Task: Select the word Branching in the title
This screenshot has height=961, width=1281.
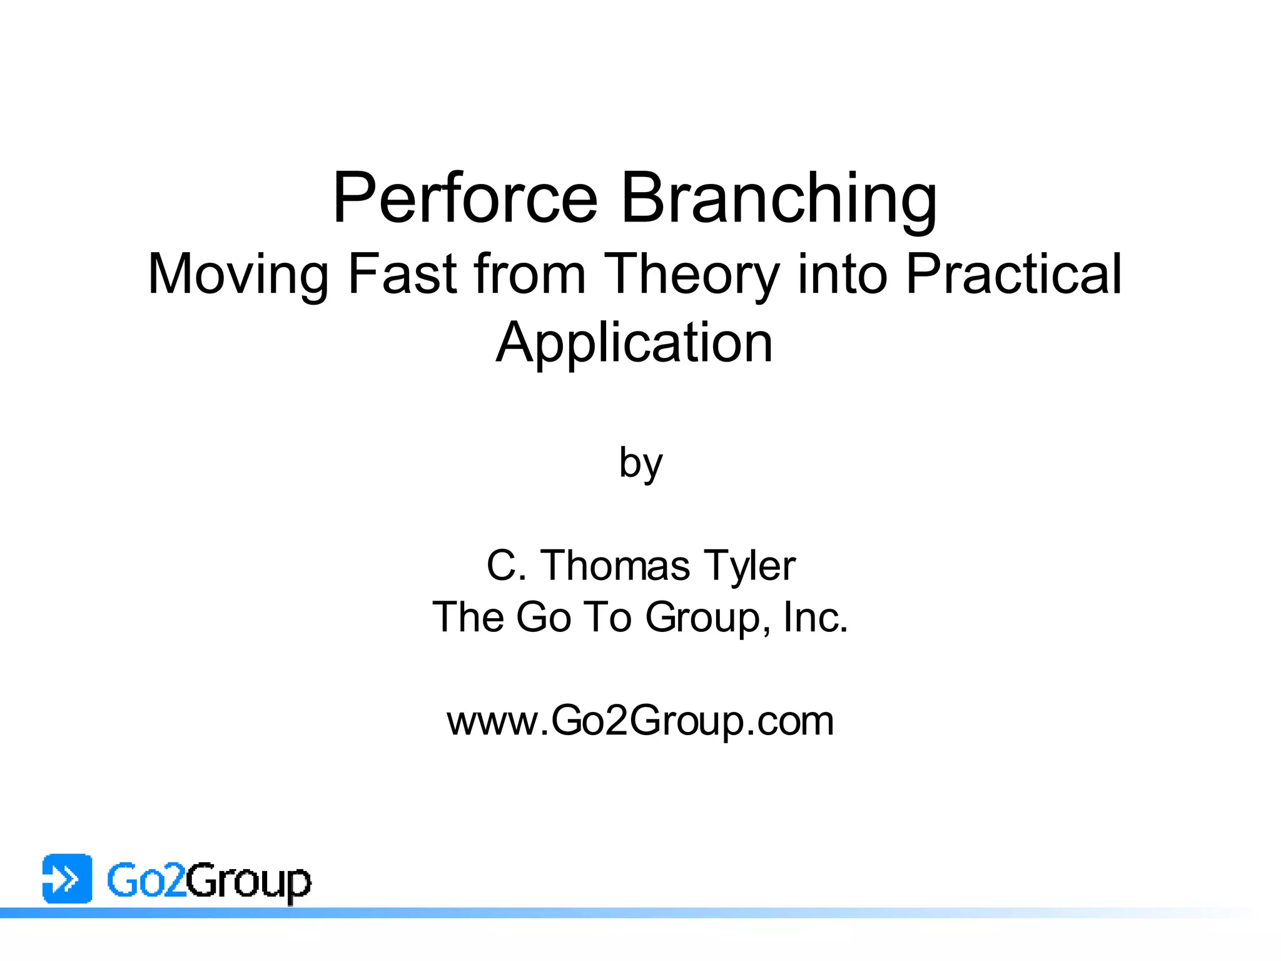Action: (779, 199)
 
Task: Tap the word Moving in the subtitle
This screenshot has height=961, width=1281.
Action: (238, 275)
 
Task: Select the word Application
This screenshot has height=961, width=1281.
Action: (634, 344)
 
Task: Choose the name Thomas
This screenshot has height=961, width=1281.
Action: (615, 566)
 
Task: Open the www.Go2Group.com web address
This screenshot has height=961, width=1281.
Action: (640, 721)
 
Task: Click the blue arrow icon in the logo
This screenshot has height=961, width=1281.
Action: (67, 878)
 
